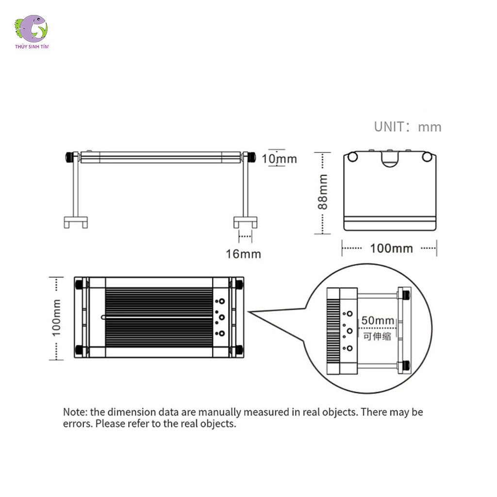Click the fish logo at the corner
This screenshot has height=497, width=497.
click(x=32, y=28)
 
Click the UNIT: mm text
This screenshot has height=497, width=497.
click(x=407, y=127)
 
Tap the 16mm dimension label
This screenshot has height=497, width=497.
click(x=243, y=253)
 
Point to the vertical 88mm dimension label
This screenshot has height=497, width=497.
click(x=323, y=192)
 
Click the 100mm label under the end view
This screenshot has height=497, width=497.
click(x=391, y=248)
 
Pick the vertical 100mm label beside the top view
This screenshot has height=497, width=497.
click(x=57, y=318)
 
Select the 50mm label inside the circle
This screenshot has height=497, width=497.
click(x=378, y=321)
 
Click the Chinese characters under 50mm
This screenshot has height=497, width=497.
click(x=377, y=336)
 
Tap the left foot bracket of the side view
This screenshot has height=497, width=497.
click(x=76, y=222)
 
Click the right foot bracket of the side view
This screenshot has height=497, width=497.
click(x=245, y=222)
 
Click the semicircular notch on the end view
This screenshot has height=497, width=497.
click(x=390, y=159)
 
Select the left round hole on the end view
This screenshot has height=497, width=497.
click(x=353, y=157)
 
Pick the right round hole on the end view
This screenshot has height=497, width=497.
click(x=427, y=157)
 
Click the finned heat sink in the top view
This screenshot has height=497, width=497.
click(x=159, y=317)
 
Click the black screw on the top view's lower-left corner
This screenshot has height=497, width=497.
click(x=79, y=349)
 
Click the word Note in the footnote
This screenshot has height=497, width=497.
click(x=75, y=412)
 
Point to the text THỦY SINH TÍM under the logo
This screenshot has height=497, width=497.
click(x=32, y=47)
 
